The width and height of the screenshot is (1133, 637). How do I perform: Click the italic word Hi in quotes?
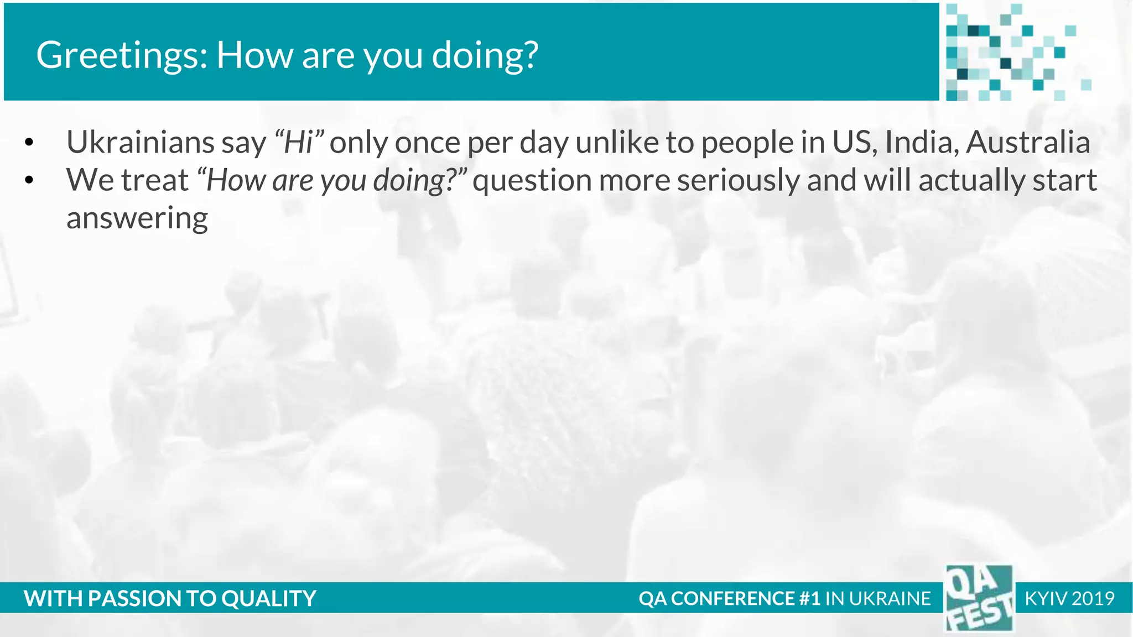[299, 142]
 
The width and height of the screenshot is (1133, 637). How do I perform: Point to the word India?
[922, 142]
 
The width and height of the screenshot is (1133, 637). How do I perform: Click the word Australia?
[1028, 142]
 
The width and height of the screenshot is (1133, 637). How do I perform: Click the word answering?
[137, 218]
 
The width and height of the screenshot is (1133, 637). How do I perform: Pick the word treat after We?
[155, 180]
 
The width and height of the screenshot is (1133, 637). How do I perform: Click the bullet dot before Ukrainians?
[29, 143]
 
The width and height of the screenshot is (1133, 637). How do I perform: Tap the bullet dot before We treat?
[29, 180]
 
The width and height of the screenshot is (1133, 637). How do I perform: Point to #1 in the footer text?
[809, 598]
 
